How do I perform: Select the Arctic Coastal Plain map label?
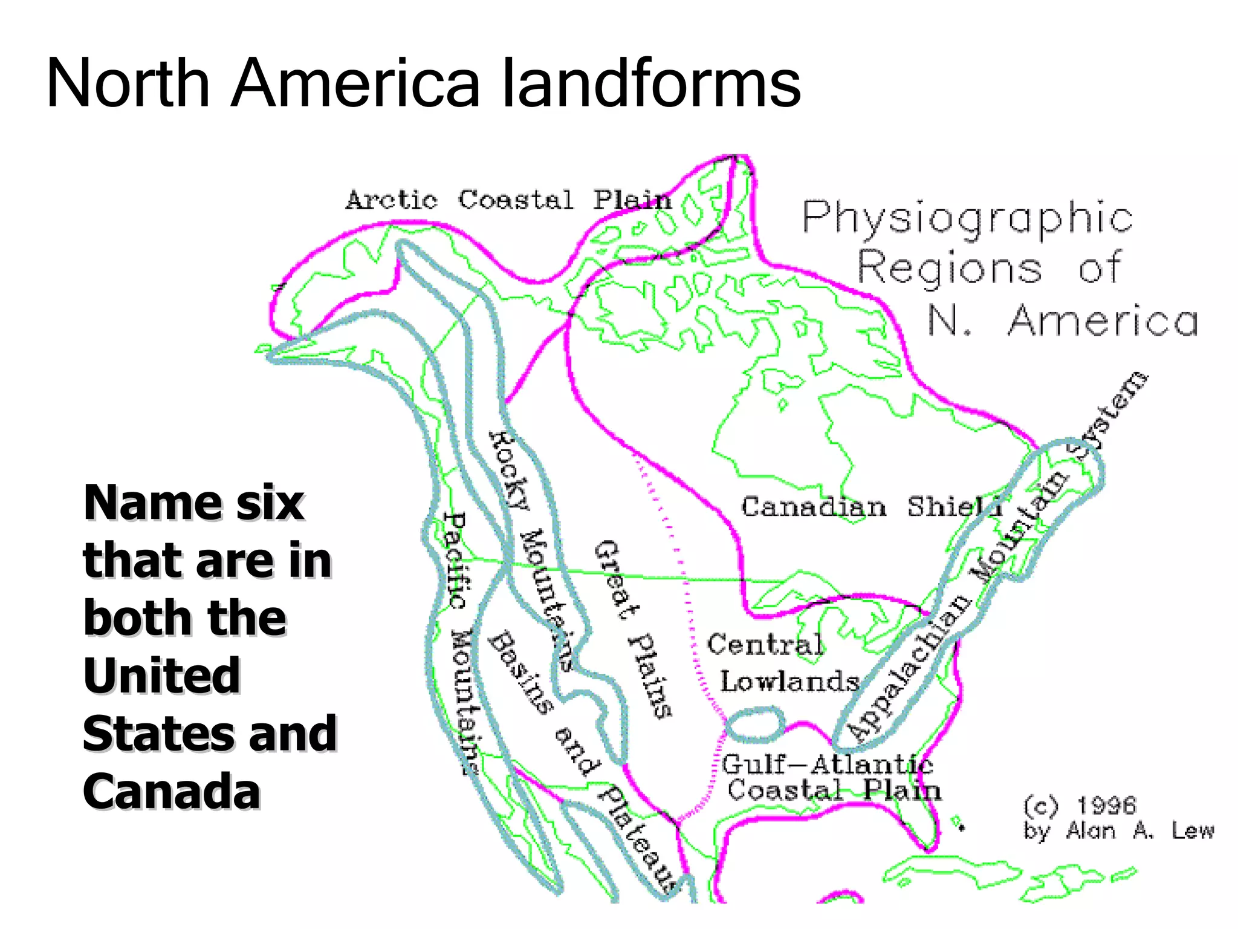(508, 200)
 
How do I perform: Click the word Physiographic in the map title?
(967, 218)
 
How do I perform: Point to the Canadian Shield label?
(870, 507)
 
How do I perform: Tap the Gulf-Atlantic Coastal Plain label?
(831, 778)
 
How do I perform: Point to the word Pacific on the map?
(455, 560)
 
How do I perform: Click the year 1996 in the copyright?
(1106, 805)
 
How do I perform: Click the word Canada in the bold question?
(172, 791)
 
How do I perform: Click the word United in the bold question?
(162, 676)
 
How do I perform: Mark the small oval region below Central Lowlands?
(754, 725)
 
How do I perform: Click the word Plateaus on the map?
(638, 841)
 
